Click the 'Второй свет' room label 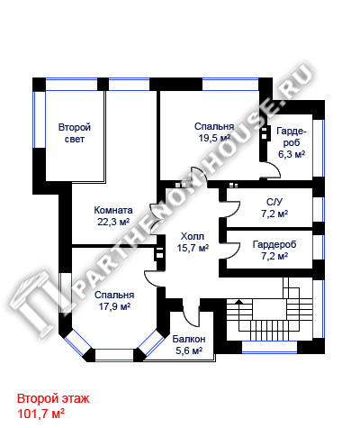coord(75,133)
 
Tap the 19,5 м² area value coord(214,138)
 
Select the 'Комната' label coord(113,210)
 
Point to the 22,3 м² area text coord(113,222)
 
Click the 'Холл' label coord(193,236)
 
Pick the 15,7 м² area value coord(193,248)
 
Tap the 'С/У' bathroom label coord(274,202)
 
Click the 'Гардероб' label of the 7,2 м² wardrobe coord(274,244)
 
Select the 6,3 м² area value coord(292,154)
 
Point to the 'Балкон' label coord(189,339)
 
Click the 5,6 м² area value coord(189,351)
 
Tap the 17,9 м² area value coord(114,306)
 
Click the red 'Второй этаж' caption coord(53,399)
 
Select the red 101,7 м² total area coord(41,414)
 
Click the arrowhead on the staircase coord(239,302)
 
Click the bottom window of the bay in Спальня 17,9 coord(114,355)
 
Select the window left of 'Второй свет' coord(39,120)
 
